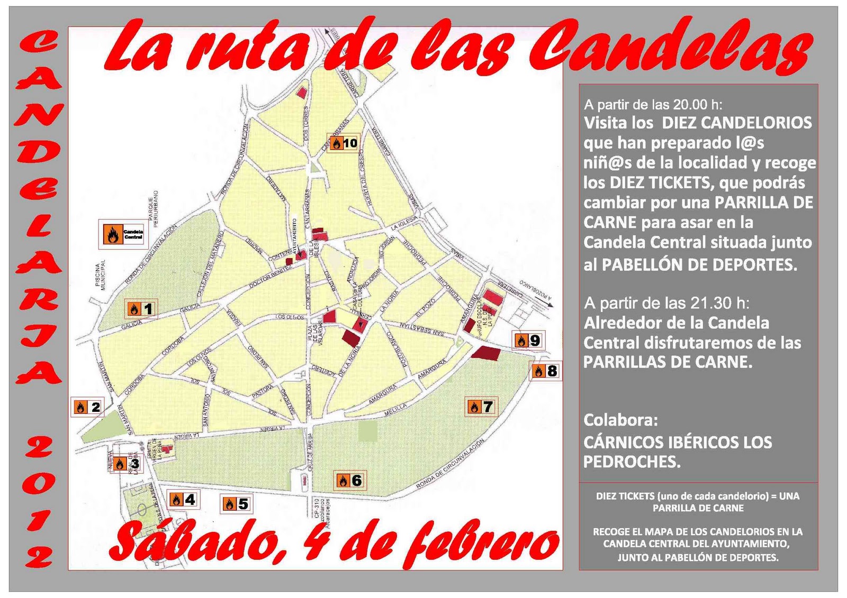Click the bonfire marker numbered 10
click(x=343, y=143)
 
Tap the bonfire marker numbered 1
click(x=141, y=309)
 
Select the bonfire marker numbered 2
click(x=87, y=407)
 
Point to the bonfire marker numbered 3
click(x=127, y=464)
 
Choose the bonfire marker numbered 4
click(x=183, y=499)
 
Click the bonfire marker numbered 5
click(x=236, y=504)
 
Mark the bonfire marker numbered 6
click(x=350, y=481)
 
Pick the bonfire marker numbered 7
click(x=481, y=407)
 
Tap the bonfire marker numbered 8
click(x=545, y=371)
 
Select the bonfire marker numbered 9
click(x=528, y=341)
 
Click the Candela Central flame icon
click(x=112, y=234)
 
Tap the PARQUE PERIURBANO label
click(x=153, y=209)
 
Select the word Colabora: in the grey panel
click(x=620, y=420)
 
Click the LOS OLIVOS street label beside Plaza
click(x=290, y=317)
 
